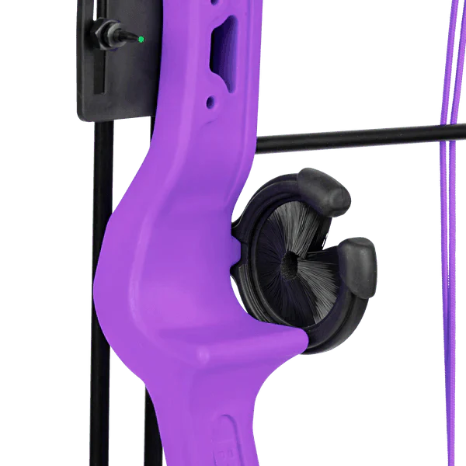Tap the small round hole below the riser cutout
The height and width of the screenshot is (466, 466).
click(207, 102)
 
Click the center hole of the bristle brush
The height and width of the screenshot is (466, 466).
click(290, 263)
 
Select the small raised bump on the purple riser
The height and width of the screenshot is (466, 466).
click(203, 356)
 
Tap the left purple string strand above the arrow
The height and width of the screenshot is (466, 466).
click(445, 62)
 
